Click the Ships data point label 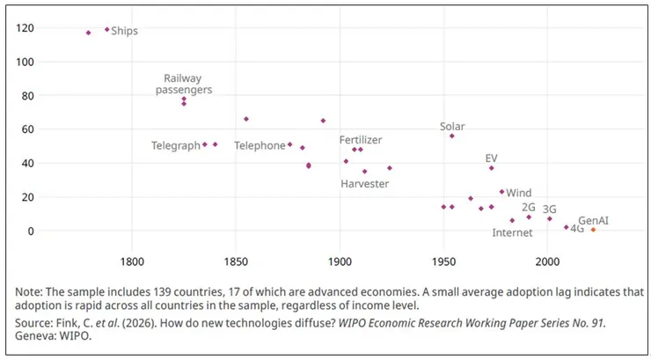point(124,31)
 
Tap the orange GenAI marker point(593,230)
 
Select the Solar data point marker point(452,136)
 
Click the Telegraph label point(176,145)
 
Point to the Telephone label point(260,145)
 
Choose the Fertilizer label point(361,140)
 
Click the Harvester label point(364,183)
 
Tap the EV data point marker point(492,168)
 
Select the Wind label point(519,193)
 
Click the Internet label point(512,233)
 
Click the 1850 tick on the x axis point(236,261)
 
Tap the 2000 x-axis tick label point(547,261)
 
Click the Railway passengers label point(184,84)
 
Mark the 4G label point(577,229)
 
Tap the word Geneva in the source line point(37,335)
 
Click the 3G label point(550,209)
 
